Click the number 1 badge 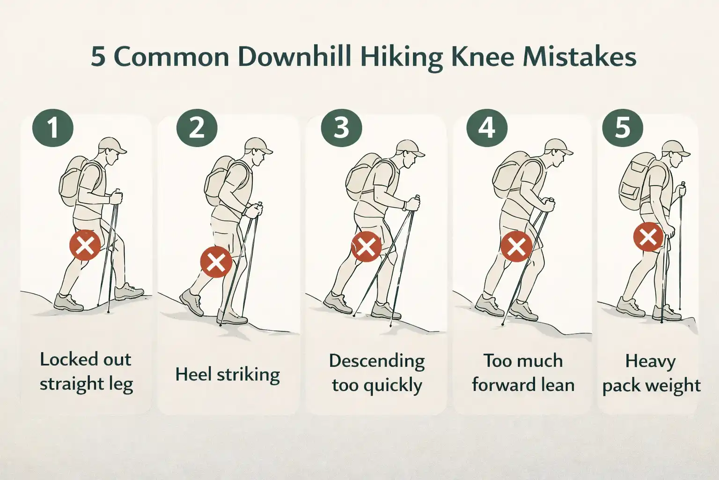click(53, 127)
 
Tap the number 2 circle click(197, 127)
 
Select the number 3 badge click(342, 127)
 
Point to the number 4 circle click(487, 127)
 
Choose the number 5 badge click(623, 127)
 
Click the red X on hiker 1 click(85, 245)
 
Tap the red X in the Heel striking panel click(216, 262)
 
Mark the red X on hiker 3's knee click(366, 246)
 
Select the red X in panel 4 click(516, 246)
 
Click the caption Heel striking click(227, 375)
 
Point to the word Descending click(377, 361)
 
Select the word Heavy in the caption click(650, 361)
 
